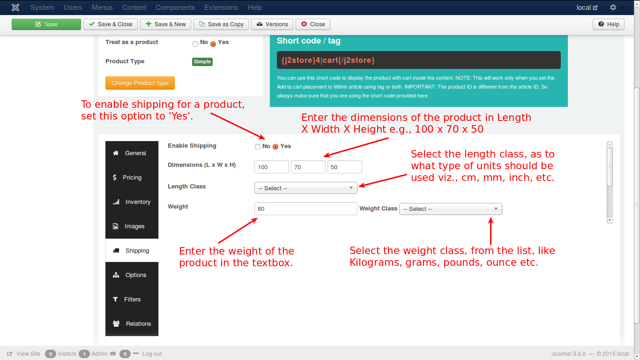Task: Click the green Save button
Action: coord(46,24)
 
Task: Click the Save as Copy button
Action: coord(221,24)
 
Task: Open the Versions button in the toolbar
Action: coord(272,24)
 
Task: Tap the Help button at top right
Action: coord(609,24)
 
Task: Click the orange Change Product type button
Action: coord(140,83)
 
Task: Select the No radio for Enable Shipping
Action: coord(258,147)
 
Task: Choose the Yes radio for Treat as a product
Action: coord(213,44)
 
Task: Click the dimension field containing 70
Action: coord(308,167)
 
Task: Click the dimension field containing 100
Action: coord(271,167)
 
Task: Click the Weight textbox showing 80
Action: coord(306,209)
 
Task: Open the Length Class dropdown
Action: coord(306,188)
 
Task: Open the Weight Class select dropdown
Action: coord(451,209)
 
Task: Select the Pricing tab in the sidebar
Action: coord(132,178)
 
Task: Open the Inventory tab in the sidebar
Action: coord(132,202)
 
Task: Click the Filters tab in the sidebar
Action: coord(132,300)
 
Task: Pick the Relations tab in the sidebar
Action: coord(132,324)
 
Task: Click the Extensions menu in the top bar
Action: coord(221,7)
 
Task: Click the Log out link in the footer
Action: coord(152,354)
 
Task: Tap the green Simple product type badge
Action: coord(202,61)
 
